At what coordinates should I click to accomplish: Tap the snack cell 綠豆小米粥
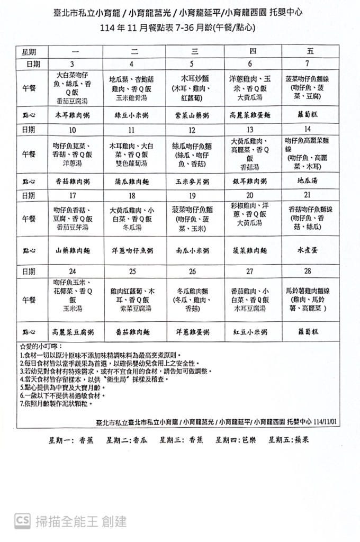131,114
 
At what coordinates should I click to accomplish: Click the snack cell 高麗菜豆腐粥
73,331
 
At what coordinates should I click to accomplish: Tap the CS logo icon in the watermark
23,521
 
